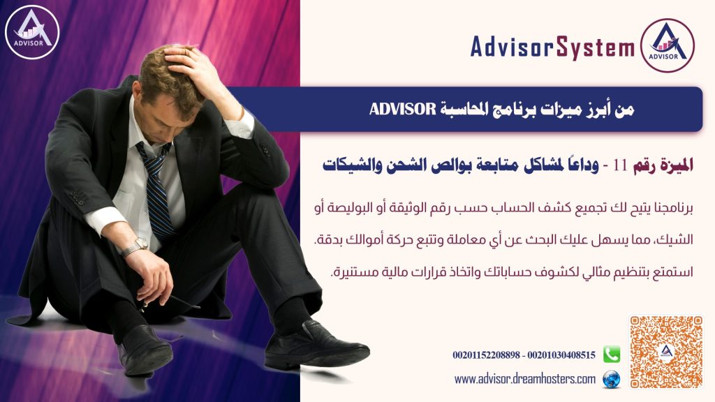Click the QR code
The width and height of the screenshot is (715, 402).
(x=666, y=352)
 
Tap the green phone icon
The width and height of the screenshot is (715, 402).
(x=612, y=354)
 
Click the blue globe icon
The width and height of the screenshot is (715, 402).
(x=612, y=379)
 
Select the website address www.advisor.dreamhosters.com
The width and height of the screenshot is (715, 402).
(x=525, y=379)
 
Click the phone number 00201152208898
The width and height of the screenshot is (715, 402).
(x=486, y=355)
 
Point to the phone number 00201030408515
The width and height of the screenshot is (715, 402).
(x=561, y=355)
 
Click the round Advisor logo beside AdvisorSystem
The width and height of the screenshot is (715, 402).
(x=667, y=45)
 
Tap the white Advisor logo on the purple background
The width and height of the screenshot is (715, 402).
(x=32, y=32)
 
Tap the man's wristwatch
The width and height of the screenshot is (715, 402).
(x=135, y=247)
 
